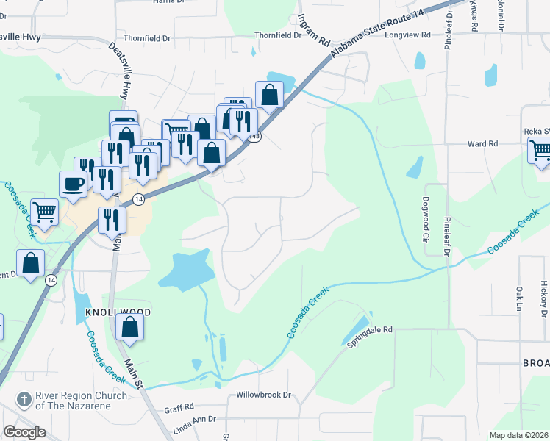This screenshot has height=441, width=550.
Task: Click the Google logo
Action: [24, 432]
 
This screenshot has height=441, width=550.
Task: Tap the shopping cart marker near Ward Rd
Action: [540, 151]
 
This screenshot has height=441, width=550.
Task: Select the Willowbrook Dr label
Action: [264, 395]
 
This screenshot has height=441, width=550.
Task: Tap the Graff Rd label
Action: [179, 406]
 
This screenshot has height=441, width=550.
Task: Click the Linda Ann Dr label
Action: [193, 419]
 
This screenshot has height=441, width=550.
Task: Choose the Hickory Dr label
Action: [543, 298]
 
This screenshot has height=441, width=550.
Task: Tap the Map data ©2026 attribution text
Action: [518, 435]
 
